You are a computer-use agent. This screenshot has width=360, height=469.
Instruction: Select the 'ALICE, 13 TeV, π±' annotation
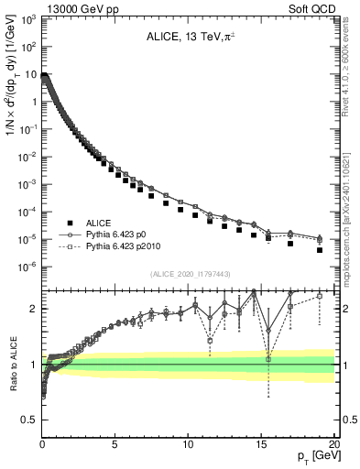[190, 38]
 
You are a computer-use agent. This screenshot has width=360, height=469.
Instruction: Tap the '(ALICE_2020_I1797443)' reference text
[189, 274]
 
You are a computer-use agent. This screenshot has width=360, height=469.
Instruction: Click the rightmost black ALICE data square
[320, 249]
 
